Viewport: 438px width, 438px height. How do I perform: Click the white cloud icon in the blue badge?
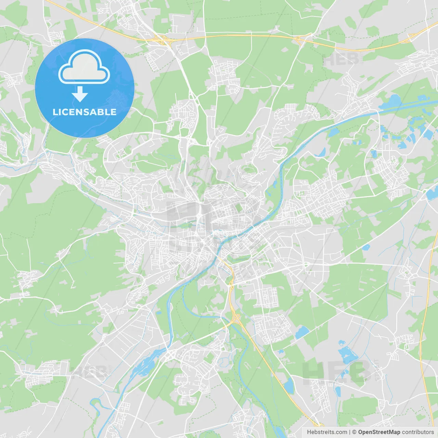[84, 67]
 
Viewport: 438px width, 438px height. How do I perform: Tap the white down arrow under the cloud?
[80, 94]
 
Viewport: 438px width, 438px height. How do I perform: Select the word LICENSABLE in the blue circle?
[84, 112]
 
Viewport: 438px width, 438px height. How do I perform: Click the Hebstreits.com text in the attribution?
[327, 432]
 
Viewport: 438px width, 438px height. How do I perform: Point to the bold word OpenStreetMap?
[379, 432]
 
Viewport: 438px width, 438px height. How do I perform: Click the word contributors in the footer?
[418, 432]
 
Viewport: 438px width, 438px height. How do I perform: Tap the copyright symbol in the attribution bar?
[354, 432]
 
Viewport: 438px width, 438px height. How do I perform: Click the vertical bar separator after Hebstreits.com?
[350, 432]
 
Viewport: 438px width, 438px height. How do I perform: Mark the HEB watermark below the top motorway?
[340, 60]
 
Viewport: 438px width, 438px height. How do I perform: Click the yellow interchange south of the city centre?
[235, 318]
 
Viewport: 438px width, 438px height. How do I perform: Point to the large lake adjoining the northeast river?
[394, 101]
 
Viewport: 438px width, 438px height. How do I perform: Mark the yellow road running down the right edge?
[426, 308]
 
